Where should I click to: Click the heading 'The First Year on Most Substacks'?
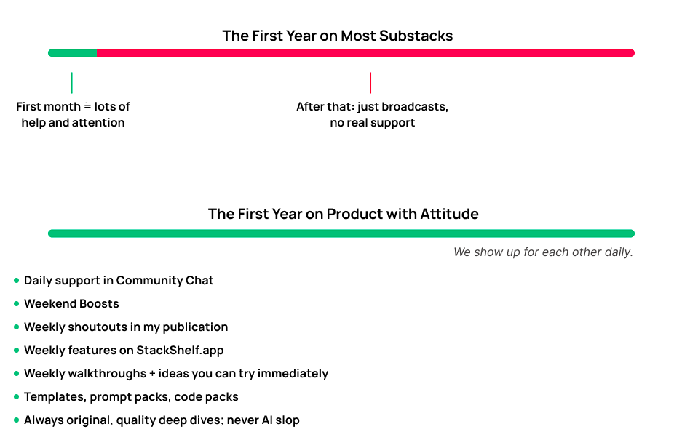pos(337,36)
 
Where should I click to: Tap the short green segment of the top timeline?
pos(72,52)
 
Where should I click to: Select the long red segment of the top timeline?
pos(364,52)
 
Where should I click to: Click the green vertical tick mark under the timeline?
pos(72,82)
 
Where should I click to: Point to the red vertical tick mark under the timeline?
pos(370,82)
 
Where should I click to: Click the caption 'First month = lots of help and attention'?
pos(73,114)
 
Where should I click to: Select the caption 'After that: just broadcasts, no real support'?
pos(372,114)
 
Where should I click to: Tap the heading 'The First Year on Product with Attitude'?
pos(343,214)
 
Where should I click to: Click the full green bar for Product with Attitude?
pos(341,233)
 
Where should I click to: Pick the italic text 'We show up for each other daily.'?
pos(543,252)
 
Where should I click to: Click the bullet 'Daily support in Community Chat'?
pos(119,280)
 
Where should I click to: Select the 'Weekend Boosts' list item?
pos(71,303)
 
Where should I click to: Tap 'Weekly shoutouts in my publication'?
pos(126,327)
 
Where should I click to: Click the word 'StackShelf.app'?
pos(180,350)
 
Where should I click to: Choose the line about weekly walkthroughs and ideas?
pos(175,373)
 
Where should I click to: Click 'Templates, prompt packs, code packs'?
pos(131,396)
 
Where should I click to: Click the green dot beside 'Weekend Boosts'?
pos(17,303)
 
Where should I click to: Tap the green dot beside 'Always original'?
pos(17,420)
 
